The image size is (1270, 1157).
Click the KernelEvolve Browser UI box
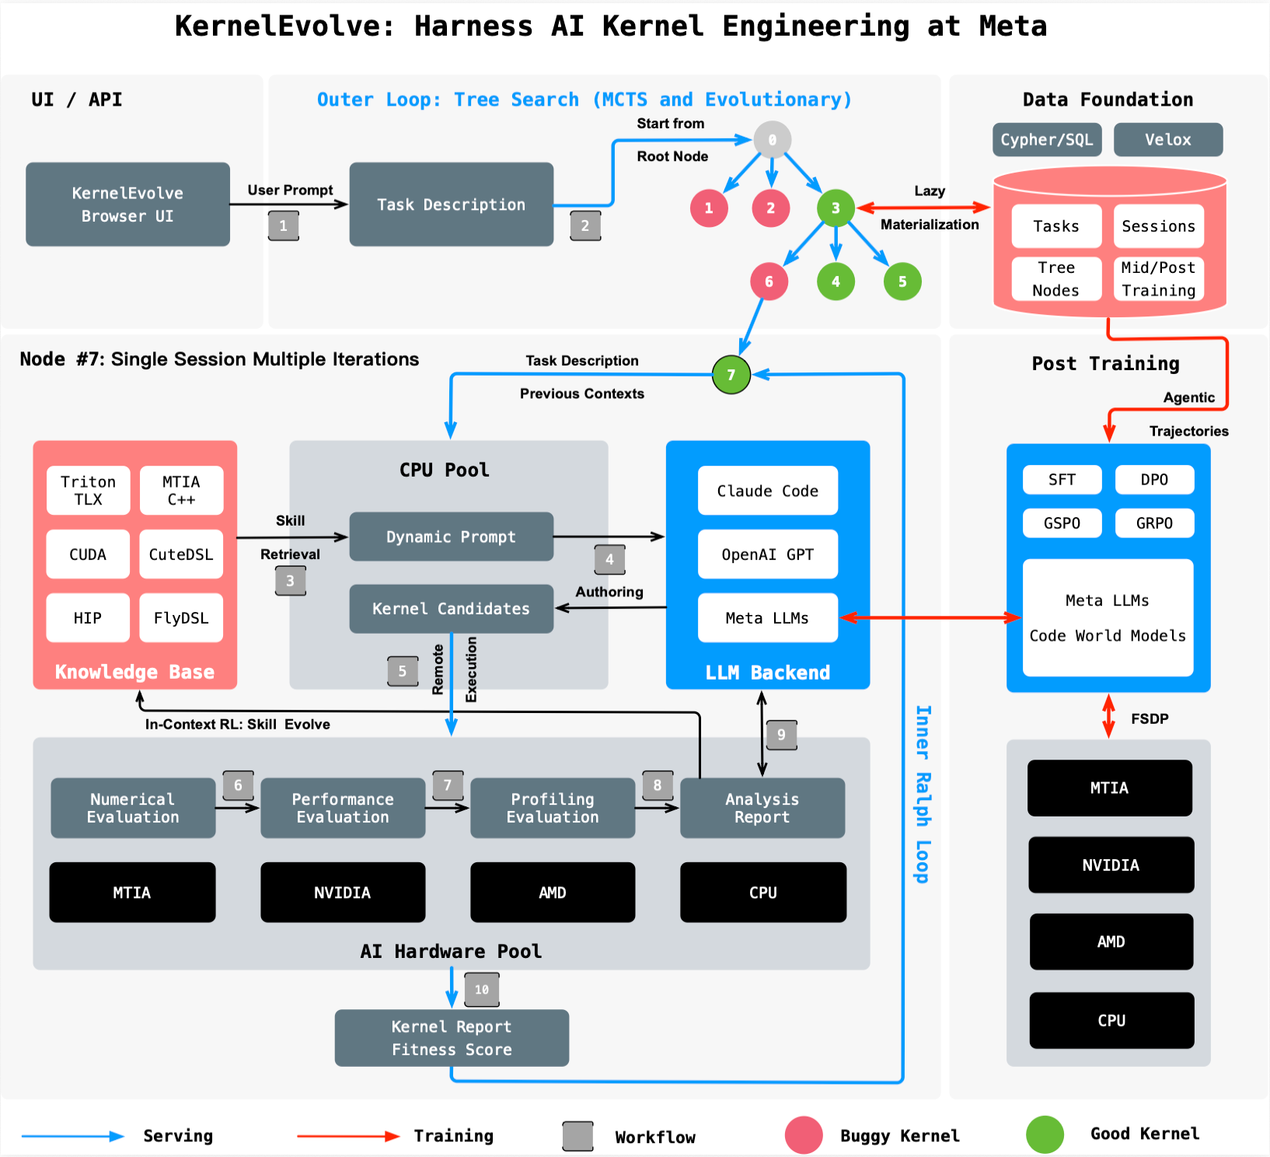coord(127,204)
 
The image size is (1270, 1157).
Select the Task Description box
coord(451,204)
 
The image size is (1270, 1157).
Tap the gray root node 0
coord(772,140)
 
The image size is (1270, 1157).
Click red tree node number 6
coord(769,281)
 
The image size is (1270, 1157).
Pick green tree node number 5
coord(902,281)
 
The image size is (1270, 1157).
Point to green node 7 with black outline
coord(731,375)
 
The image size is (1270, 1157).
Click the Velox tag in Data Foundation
coord(1167,140)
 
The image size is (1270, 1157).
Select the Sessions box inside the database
coord(1158,226)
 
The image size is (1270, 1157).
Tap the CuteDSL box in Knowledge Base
coord(181,554)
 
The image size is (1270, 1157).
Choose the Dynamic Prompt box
coord(451,537)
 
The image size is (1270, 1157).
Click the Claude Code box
coord(767,491)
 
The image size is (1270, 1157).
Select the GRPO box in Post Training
coord(1154,523)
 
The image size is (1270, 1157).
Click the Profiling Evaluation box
coord(553,808)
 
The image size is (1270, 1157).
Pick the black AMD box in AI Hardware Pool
coord(553,893)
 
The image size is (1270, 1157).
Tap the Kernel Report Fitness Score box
coord(452,1038)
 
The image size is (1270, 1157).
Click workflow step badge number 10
coord(482,990)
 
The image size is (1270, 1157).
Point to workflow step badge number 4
coord(609,559)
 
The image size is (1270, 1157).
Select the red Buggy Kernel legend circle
coord(804,1135)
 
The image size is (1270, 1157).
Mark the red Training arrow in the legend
coord(347,1136)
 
